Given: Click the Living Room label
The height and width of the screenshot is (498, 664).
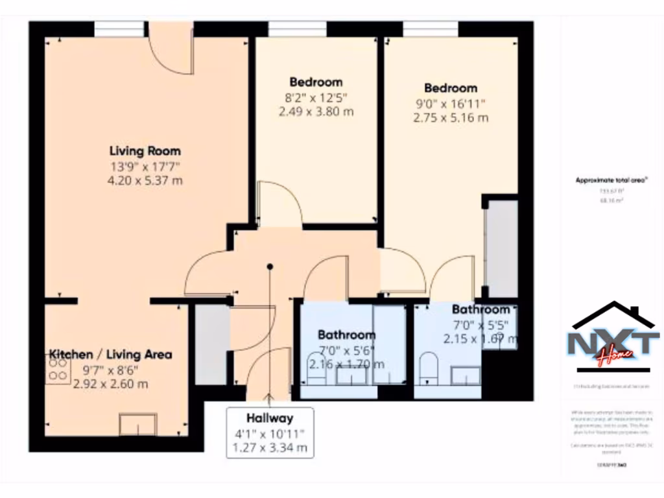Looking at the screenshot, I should click(x=145, y=151).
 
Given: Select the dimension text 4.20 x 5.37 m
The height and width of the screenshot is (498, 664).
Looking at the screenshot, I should click(x=145, y=180).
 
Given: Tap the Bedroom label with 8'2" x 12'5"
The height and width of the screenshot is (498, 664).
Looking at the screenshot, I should click(x=316, y=82).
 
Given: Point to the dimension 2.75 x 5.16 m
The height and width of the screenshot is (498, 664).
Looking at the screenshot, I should click(x=451, y=117).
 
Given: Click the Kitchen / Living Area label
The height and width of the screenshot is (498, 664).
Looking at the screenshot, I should click(x=111, y=355).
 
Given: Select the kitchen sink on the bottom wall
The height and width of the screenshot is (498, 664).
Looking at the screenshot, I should click(x=137, y=425).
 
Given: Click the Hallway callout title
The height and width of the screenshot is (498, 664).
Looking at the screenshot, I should click(x=269, y=418).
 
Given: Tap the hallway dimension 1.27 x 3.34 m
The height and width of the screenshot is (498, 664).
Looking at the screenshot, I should click(x=269, y=447).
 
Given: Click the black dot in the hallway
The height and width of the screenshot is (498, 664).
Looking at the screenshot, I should click(x=270, y=267).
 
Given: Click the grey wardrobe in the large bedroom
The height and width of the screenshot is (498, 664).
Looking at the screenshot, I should click(x=502, y=249).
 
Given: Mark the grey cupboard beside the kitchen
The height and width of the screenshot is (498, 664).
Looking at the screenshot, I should click(x=211, y=344).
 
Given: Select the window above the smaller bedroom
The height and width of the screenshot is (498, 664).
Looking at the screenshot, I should click(x=297, y=29).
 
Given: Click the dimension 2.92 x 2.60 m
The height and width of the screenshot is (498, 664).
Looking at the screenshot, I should click(x=110, y=383).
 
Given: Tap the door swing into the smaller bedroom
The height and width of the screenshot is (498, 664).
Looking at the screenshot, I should click(x=279, y=204).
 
